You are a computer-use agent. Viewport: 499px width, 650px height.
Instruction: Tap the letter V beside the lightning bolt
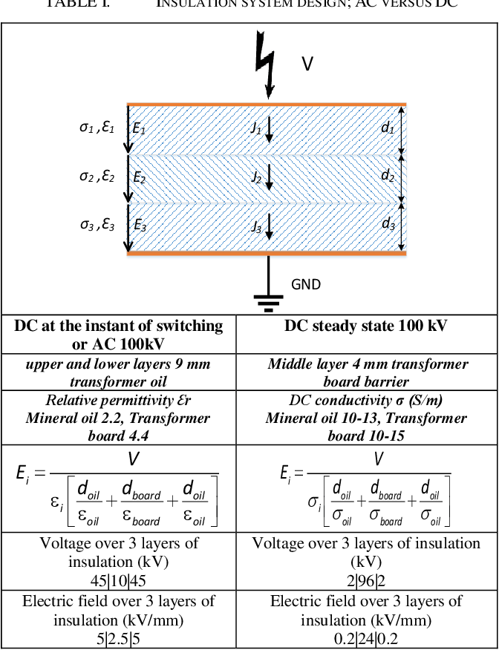click(x=307, y=64)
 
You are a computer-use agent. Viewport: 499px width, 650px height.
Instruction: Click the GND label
click(x=306, y=285)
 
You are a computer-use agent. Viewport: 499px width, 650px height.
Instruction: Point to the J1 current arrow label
click(x=256, y=128)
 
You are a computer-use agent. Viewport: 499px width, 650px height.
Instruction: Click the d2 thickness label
click(x=388, y=176)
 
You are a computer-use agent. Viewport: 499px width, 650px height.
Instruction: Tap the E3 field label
click(x=140, y=225)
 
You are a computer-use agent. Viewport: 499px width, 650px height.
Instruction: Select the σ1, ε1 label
click(x=97, y=128)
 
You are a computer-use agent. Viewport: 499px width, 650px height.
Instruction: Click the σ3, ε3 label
click(x=97, y=225)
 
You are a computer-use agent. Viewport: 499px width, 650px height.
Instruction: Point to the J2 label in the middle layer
click(x=256, y=177)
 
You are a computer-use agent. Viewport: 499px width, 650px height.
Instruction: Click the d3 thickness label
click(x=388, y=224)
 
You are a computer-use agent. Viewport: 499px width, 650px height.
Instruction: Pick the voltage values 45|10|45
click(x=118, y=581)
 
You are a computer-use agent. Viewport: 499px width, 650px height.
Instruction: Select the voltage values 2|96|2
click(x=366, y=581)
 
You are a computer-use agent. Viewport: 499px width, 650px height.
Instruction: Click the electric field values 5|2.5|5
click(x=118, y=639)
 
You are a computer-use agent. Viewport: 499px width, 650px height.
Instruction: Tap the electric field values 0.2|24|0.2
click(x=366, y=639)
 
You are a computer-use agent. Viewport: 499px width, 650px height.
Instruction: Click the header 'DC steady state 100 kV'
click(x=366, y=326)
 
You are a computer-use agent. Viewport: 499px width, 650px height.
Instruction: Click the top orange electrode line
click(x=267, y=104)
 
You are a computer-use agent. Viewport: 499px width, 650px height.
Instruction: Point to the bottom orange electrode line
click(x=267, y=253)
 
